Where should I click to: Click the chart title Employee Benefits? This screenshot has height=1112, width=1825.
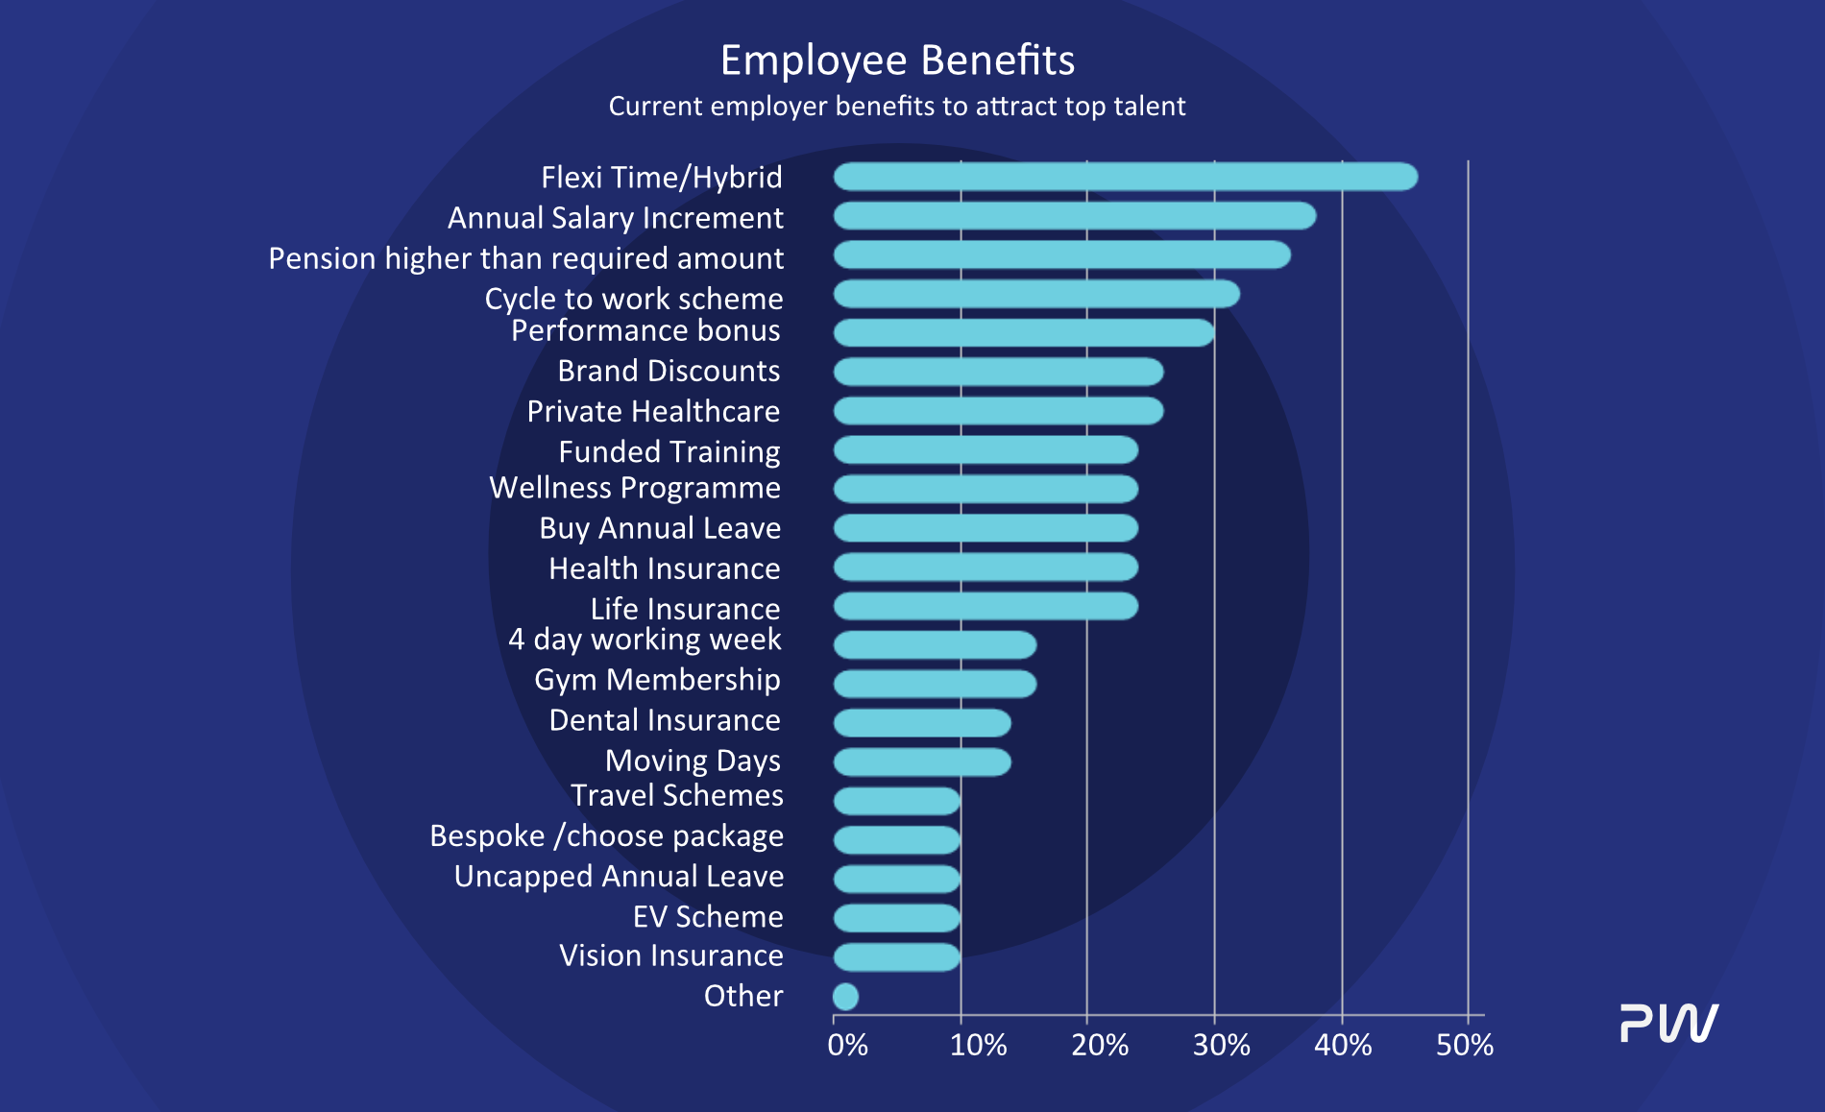point(897,60)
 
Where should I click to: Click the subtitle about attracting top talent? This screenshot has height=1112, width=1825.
point(897,106)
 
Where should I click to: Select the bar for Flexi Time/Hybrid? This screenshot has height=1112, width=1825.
point(1125,177)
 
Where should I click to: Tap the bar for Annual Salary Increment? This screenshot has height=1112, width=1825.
point(1074,216)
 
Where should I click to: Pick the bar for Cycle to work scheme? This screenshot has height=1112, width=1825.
point(1035,294)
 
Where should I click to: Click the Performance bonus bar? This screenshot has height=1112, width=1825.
point(1023,333)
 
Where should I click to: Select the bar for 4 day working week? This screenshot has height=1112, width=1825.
point(935,645)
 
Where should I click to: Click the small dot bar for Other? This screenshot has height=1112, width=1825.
point(845,997)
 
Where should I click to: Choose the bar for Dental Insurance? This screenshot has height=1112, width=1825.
point(922,723)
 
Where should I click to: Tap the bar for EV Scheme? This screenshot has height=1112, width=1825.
point(896,918)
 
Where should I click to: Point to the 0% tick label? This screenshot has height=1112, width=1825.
point(847,1045)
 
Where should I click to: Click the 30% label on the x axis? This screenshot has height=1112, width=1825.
point(1221,1045)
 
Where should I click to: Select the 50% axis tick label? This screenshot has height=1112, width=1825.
point(1464,1045)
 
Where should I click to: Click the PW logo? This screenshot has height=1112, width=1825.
point(1669,1023)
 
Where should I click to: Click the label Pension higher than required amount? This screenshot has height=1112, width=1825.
point(525,258)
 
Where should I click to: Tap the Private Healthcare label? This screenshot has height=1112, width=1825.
point(653,411)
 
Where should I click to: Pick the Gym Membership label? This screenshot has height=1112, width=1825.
point(657,680)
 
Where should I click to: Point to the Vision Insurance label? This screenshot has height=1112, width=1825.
point(670,955)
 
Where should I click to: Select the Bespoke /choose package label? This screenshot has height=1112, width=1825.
point(606,836)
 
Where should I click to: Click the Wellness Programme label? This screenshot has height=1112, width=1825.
point(635,488)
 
